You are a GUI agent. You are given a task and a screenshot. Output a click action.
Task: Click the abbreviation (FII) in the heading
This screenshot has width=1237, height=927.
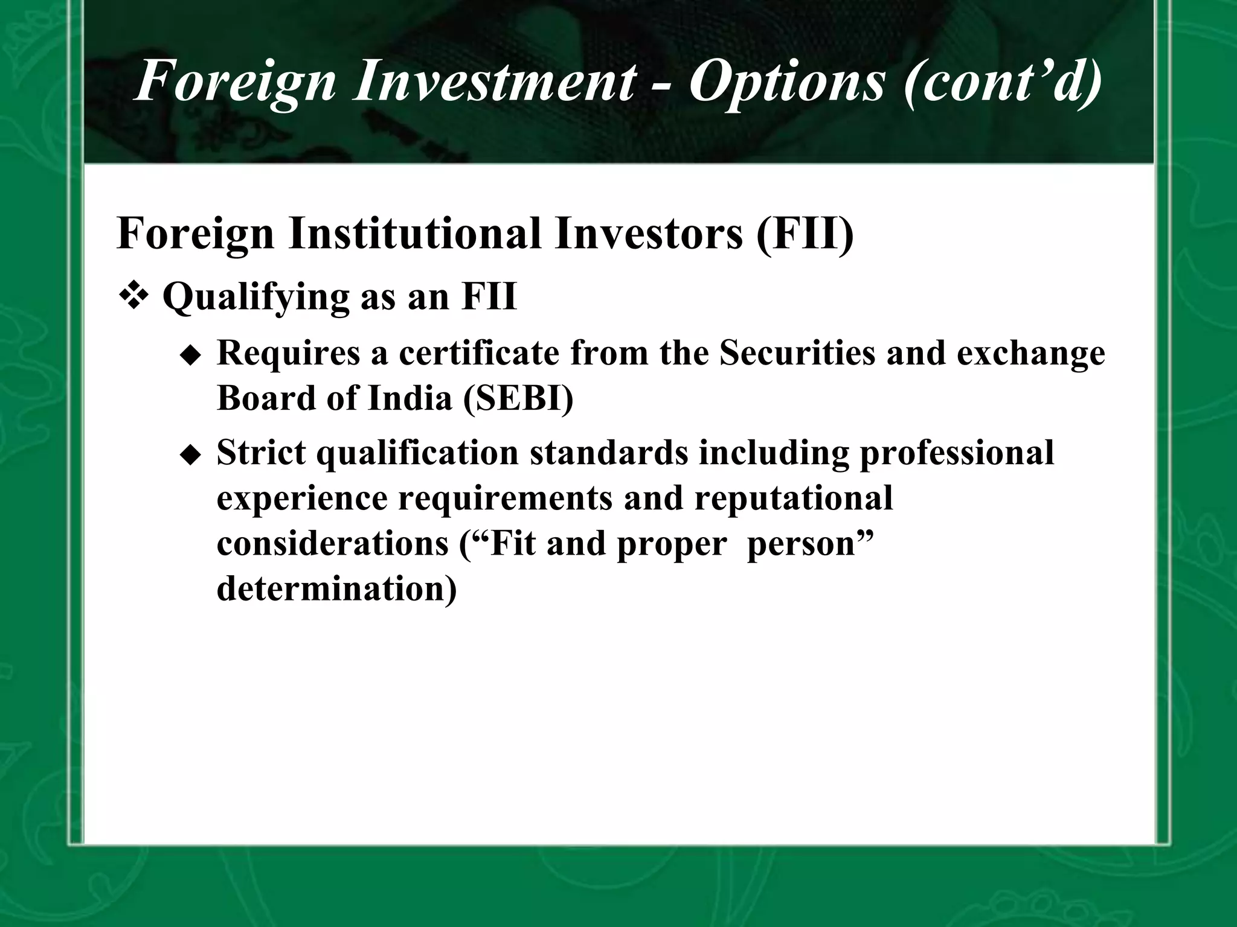805,234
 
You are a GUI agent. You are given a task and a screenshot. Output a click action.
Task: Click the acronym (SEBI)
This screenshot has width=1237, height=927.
518,398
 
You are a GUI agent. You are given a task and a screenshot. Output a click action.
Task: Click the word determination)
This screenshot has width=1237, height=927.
336,588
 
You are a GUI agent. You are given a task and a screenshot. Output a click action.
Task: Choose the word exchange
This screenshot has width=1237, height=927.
1031,355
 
